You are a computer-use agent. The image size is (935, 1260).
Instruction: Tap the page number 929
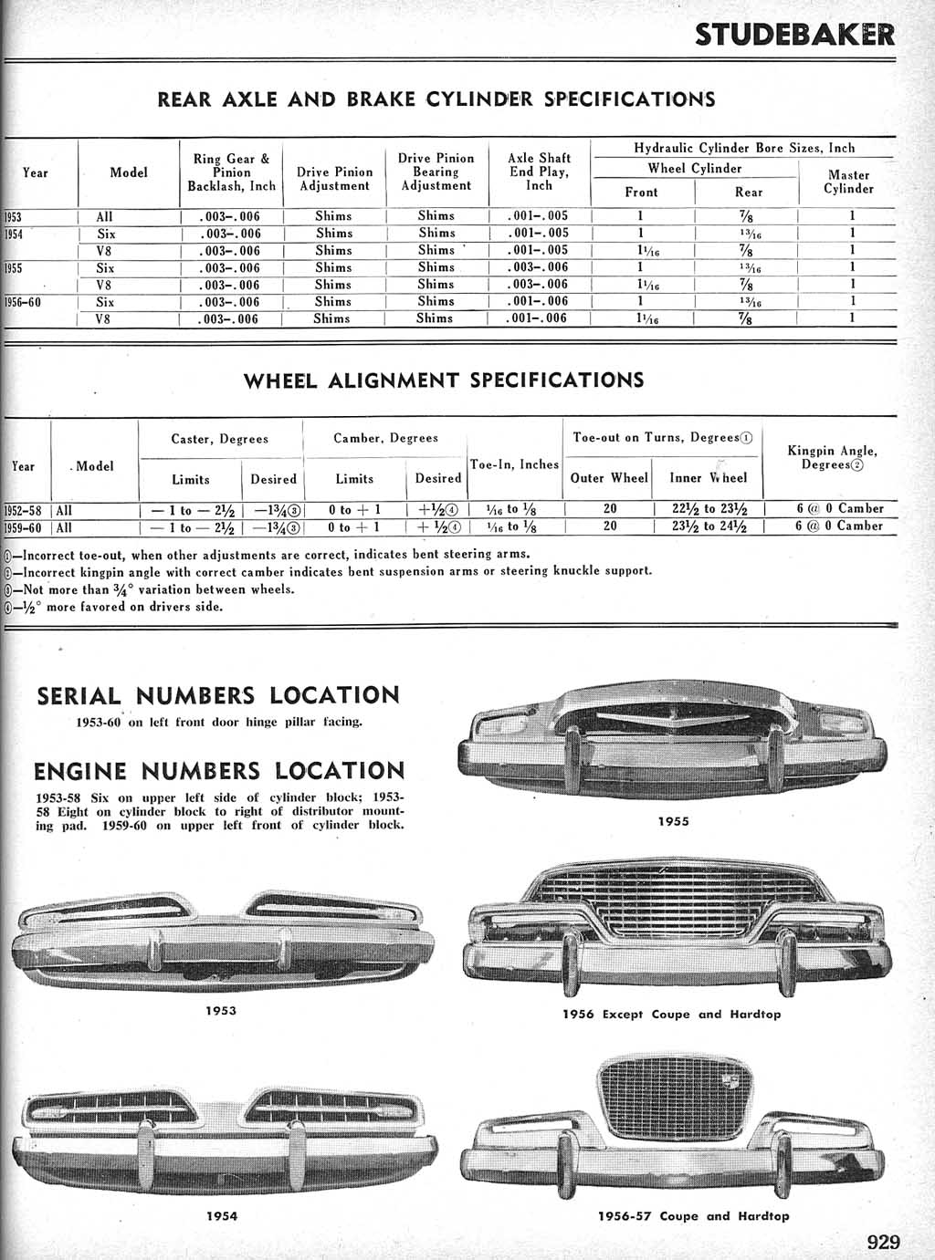click(x=883, y=1241)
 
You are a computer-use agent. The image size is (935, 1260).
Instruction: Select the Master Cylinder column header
click(x=848, y=182)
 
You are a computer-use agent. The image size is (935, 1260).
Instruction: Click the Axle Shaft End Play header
click(x=539, y=172)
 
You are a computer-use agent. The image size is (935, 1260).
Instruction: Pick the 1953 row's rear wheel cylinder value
click(x=748, y=216)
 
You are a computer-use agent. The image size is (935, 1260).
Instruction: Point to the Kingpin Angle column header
click(x=832, y=457)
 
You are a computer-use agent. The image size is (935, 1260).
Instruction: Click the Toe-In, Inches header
click(x=514, y=464)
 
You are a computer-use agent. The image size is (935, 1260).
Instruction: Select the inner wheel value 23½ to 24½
click(x=709, y=526)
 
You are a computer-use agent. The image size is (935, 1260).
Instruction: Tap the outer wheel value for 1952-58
click(x=610, y=508)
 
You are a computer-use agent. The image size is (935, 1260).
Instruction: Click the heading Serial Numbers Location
click(x=218, y=695)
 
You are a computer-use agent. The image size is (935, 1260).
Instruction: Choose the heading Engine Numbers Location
click(x=219, y=771)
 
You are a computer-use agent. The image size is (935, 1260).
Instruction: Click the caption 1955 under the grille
click(x=673, y=821)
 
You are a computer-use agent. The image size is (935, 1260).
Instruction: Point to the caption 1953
click(x=221, y=1010)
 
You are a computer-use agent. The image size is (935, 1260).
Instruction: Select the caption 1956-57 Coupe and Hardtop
click(x=693, y=1215)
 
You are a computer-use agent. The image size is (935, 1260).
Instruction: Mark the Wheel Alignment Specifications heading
click(x=443, y=380)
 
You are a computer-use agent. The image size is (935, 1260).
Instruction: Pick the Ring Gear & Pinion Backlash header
click(x=231, y=172)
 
